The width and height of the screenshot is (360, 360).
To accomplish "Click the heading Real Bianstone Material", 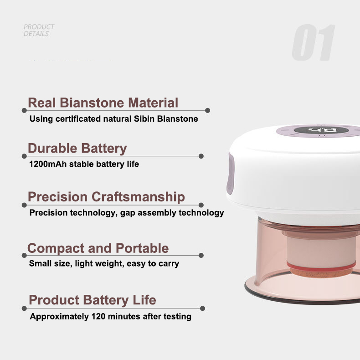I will (x=103, y=103).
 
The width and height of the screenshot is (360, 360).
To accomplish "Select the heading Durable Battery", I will (x=77, y=149).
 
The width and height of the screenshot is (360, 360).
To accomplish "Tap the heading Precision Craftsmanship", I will (x=106, y=197).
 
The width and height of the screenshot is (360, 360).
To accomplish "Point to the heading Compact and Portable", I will (x=98, y=248).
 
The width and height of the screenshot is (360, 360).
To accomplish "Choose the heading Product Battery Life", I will (x=93, y=300).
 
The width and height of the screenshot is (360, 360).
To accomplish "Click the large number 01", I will (x=314, y=43).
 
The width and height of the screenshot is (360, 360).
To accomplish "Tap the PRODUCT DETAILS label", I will (x=39, y=30).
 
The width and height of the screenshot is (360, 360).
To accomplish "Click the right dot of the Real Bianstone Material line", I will (x=208, y=110).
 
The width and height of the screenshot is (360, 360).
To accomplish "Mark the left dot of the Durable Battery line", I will (x=24, y=156).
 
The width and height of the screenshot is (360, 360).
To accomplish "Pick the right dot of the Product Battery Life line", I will (x=203, y=309).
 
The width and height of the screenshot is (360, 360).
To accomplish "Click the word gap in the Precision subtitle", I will (x=129, y=213).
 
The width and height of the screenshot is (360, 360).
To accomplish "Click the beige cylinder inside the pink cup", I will (x=319, y=248).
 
